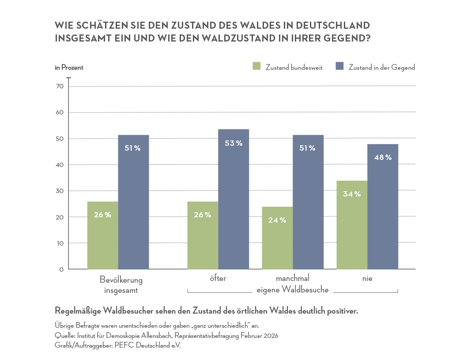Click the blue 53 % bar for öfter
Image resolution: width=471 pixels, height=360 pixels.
[x=233, y=199]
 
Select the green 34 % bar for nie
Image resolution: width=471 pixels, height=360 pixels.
[x=352, y=225]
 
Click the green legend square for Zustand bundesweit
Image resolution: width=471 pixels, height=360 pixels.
[x=257, y=67]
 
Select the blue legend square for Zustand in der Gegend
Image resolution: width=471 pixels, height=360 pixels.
[x=339, y=67]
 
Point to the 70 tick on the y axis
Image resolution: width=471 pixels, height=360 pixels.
[x=60, y=86]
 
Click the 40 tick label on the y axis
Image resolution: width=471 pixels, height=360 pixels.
[x=60, y=165]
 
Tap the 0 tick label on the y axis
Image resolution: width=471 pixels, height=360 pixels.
[x=62, y=269]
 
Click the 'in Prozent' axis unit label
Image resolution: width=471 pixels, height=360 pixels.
[x=69, y=68]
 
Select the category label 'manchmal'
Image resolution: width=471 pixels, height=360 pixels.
[x=293, y=279]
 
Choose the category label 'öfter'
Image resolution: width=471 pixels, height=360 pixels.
[x=218, y=279]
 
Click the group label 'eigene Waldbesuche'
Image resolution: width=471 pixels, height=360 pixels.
[x=293, y=290]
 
